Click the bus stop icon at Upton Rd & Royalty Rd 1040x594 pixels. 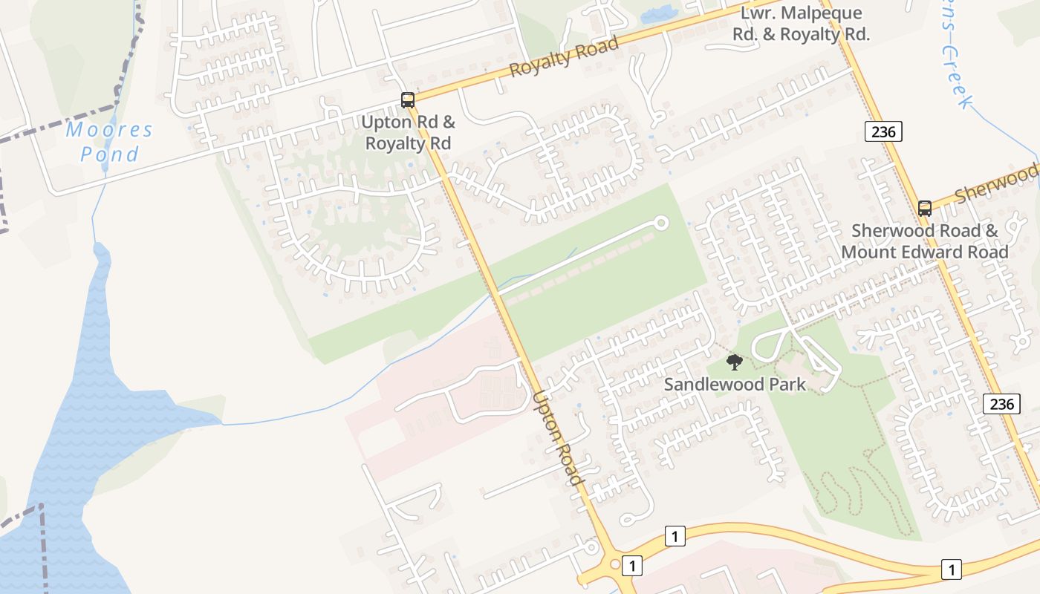tap(407, 99)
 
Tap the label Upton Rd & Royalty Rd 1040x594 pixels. tap(408, 132)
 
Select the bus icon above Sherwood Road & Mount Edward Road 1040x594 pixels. tap(924, 209)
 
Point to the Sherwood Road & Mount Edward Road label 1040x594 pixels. tap(925, 241)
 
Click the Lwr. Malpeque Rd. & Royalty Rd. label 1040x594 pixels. tap(801, 24)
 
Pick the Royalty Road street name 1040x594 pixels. tap(565, 56)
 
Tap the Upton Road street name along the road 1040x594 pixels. tap(557, 438)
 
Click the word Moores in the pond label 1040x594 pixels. tap(108, 131)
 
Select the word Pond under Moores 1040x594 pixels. tap(109, 154)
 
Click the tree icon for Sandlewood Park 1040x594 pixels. tap(734, 362)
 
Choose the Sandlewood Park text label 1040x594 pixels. tap(735, 385)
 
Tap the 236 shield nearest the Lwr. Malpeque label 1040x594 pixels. tap(883, 132)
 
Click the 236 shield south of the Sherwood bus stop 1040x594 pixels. tap(1001, 404)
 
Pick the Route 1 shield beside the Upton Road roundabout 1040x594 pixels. tap(631, 566)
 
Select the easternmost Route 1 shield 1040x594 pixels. tap(951, 569)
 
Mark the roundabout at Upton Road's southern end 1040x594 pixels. tap(614, 564)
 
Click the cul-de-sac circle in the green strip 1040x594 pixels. tap(660, 223)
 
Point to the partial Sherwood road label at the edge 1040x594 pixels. tap(995, 186)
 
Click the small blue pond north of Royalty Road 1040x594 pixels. tap(658, 13)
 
